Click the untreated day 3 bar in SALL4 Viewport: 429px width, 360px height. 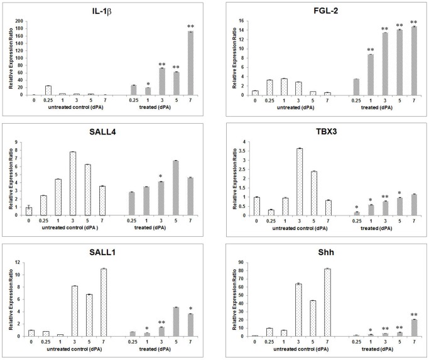point(73,183)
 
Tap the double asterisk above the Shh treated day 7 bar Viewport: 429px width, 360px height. point(414,315)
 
